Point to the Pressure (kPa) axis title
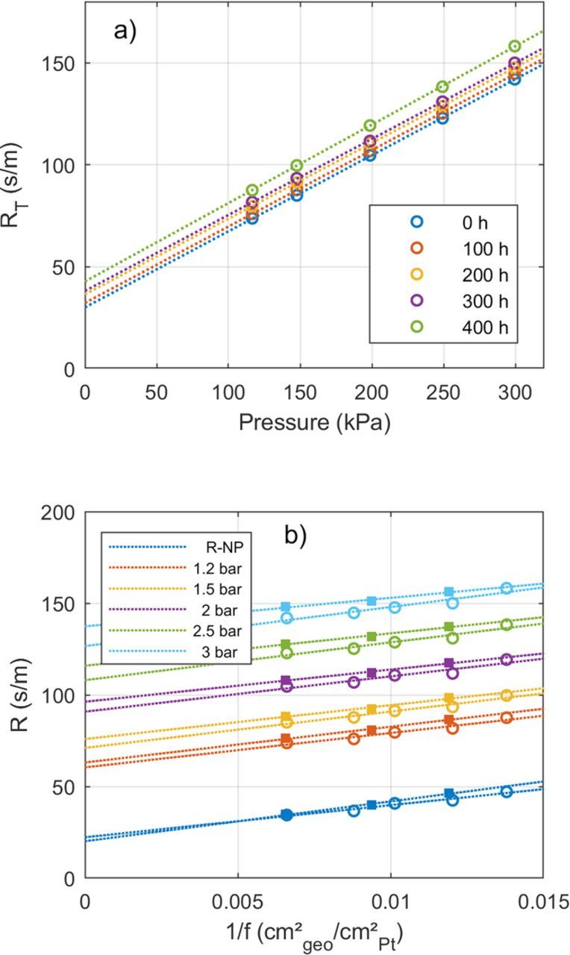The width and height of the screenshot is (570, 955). [x=314, y=422]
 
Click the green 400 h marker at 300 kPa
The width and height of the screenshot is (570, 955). [x=515, y=46]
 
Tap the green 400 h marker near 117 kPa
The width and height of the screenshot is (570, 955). [x=252, y=190]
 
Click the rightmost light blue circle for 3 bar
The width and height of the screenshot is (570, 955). [x=507, y=588]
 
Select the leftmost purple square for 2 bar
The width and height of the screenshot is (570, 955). [x=286, y=680]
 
